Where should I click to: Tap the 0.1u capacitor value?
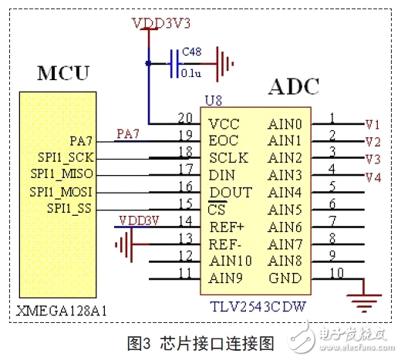click(x=191, y=74)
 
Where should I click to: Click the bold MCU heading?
click(x=63, y=74)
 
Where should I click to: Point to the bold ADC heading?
click(x=294, y=86)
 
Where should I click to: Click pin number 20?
click(x=185, y=118)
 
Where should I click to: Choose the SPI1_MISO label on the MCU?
click(x=61, y=174)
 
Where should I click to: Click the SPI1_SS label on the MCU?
click(x=68, y=208)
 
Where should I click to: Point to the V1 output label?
click(x=372, y=124)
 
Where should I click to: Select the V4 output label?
click(x=372, y=177)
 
